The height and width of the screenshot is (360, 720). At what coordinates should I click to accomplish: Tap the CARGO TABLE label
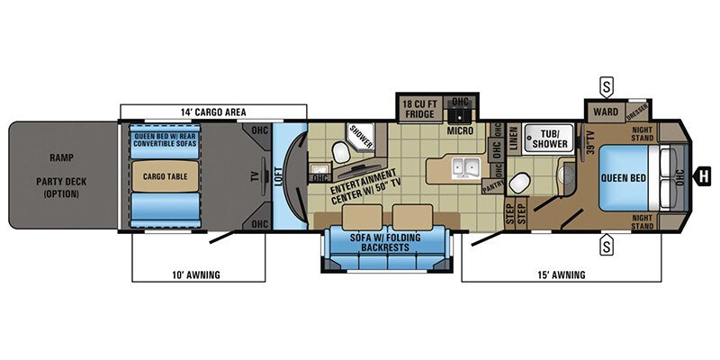pyautogui.click(x=166, y=176)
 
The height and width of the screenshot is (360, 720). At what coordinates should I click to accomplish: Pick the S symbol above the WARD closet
pyautogui.click(x=608, y=87)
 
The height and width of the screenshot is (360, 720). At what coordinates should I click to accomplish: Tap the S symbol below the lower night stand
pyautogui.click(x=608, y=243)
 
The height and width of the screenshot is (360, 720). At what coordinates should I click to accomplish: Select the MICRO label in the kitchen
pyautogui.click(x=461, y=130)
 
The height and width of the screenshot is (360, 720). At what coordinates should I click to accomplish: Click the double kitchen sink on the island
pyautogui.click(x=466, y=166)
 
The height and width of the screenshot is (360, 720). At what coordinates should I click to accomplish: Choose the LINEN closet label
pyautogui.click(x=514, y=139)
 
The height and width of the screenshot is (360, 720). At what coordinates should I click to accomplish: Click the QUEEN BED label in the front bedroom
pyautogui.click(x=622, y=177)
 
